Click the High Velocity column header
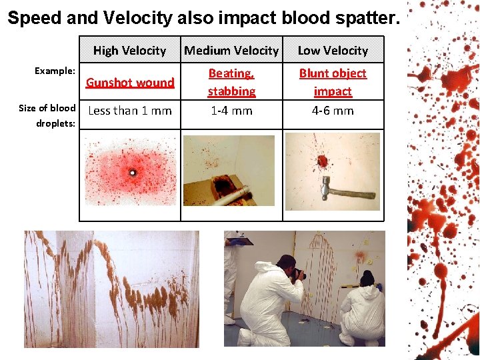click(x=129, y=51)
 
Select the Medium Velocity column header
click(x=231, y=51)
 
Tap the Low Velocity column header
click(x=333, y=51)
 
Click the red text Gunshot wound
click(x=130, y=83)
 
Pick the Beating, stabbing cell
click(x=231, y=82)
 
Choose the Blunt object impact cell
click(x=333, y=82)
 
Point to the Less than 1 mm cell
click(x=130, y=111)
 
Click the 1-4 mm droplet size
click(x=231, y=111)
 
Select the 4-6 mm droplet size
click(x=333, y=111)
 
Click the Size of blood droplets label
click(x=47, y=115)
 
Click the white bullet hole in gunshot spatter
click(x=132, y=173)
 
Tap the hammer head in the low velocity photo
click(x=326, y=183)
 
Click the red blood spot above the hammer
click(x=323, y=161)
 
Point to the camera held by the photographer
click(x=301, y=273)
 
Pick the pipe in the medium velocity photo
click(x=237, y=193)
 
